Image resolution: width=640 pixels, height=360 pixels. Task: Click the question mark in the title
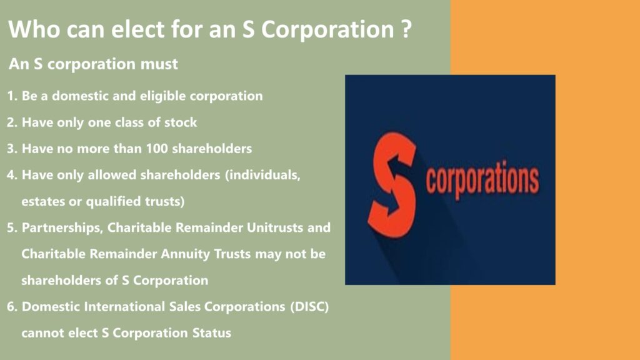[x=404, y=29]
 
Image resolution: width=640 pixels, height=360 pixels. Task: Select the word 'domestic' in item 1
[x=75, y=97]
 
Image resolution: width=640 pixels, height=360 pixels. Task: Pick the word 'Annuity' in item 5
[x=189, y=254]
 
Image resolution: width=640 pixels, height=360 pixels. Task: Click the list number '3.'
[x=12, y=149]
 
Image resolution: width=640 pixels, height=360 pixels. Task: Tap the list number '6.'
[x=12, y=306]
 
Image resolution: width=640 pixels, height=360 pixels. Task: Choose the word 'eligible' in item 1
[x=176, y=97]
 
